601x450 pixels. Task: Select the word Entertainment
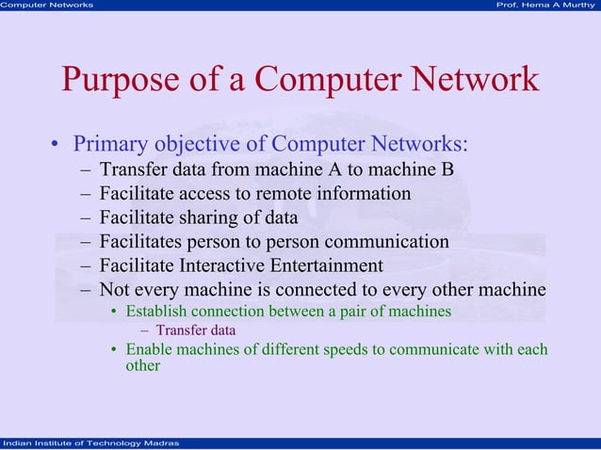(x=331, y=265)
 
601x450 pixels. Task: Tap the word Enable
(x=148, y=349)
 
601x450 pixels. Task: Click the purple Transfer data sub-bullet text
(x=195, y=330)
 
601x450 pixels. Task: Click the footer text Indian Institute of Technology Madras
(x=86, y=443)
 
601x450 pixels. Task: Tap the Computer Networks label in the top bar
(x=47, y=6)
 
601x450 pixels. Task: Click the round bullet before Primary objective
(x=57, y=146)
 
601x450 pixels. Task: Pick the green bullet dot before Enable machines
(x=114, y=350)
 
